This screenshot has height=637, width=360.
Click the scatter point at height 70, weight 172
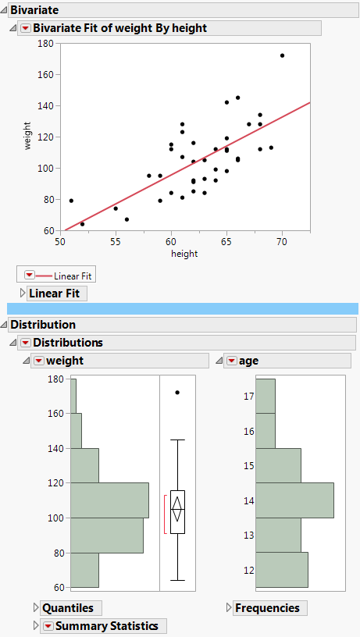pos(282,55)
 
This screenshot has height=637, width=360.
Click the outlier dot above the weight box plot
pos(177,392)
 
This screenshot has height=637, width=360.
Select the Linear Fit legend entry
pos(71,276)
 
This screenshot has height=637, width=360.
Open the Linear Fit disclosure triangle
pos(23,294)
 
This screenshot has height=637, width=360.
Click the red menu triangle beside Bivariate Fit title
pos(25,28)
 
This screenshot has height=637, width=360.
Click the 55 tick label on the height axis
pos(116,241)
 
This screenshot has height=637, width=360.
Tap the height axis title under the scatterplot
pos(185,253)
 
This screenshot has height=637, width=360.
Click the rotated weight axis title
pos(28,137)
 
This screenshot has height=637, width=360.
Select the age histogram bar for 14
pos(294,500)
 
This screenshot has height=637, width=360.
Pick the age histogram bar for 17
pos(266,396)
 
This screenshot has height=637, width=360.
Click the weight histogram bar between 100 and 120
pos(109,500)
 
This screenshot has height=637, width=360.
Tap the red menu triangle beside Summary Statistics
pos(48,626)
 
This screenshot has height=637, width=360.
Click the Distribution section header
pos(43,325)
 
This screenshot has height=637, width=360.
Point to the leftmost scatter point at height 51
pos(71,201)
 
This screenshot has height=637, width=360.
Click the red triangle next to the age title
pos(231,361)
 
